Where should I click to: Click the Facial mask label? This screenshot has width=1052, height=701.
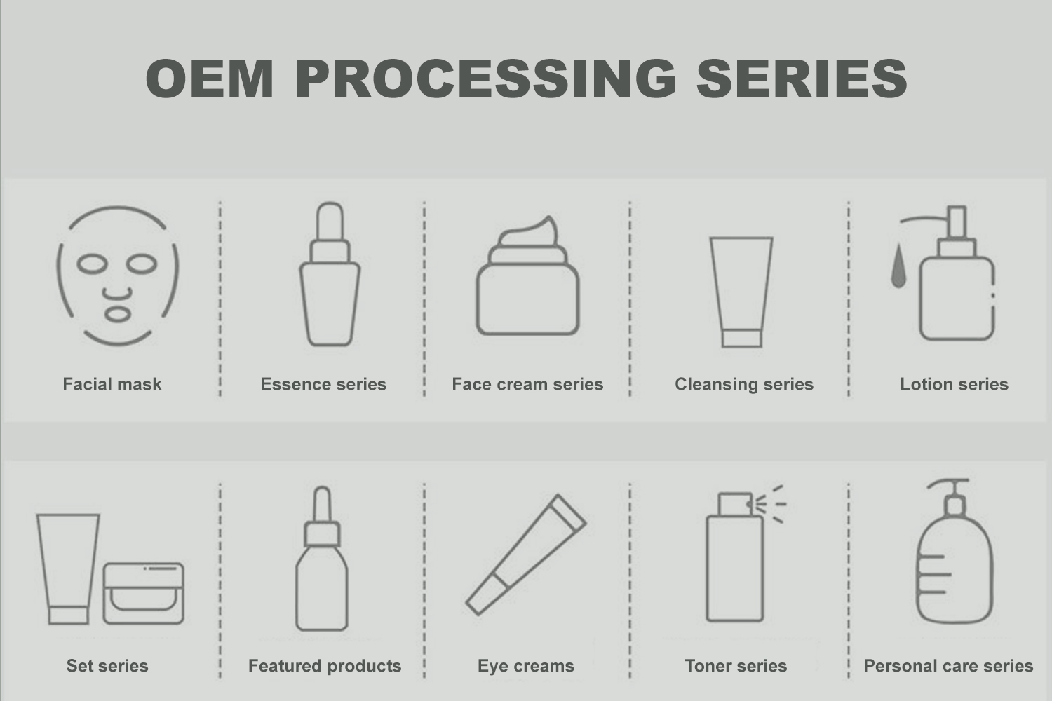pyautogui.click(x=112, y=384)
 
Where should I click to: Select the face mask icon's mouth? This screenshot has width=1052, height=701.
pyautogui.click(x=117, y=315)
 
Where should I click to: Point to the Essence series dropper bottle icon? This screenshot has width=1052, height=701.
pyautogui.click(x=330, y=274)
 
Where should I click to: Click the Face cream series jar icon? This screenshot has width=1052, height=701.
pyautogui.click(x=527, y=276)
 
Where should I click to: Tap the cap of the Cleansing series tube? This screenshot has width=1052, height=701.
pyautogui.click(x=741, y=339)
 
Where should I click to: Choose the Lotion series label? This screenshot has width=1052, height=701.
pyautogui.click(x=954, y=384)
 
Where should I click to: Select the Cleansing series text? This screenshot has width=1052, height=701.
pyautogui.click(x=744, y=384)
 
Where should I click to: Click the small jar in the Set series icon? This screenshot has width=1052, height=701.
pyautogui.click(x=143, y=594)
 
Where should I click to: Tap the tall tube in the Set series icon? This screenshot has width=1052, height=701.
pyautogui.click(x=69, y=569)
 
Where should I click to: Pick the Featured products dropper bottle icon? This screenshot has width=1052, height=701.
pyautogui.click(x=322, y=558)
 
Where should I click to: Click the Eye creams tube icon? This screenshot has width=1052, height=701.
pyautogui.click(x=526, y=554)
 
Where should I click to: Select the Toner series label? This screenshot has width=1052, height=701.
pyautogui.click(x=736, y=666)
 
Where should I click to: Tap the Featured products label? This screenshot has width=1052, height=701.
pyautogui.click(x=325, y=666)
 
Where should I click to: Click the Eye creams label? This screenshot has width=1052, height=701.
pyautogui.click(x=525, y=666)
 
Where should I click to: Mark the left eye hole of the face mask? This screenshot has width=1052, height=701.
pyautogui.click(x=93, y=264)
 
